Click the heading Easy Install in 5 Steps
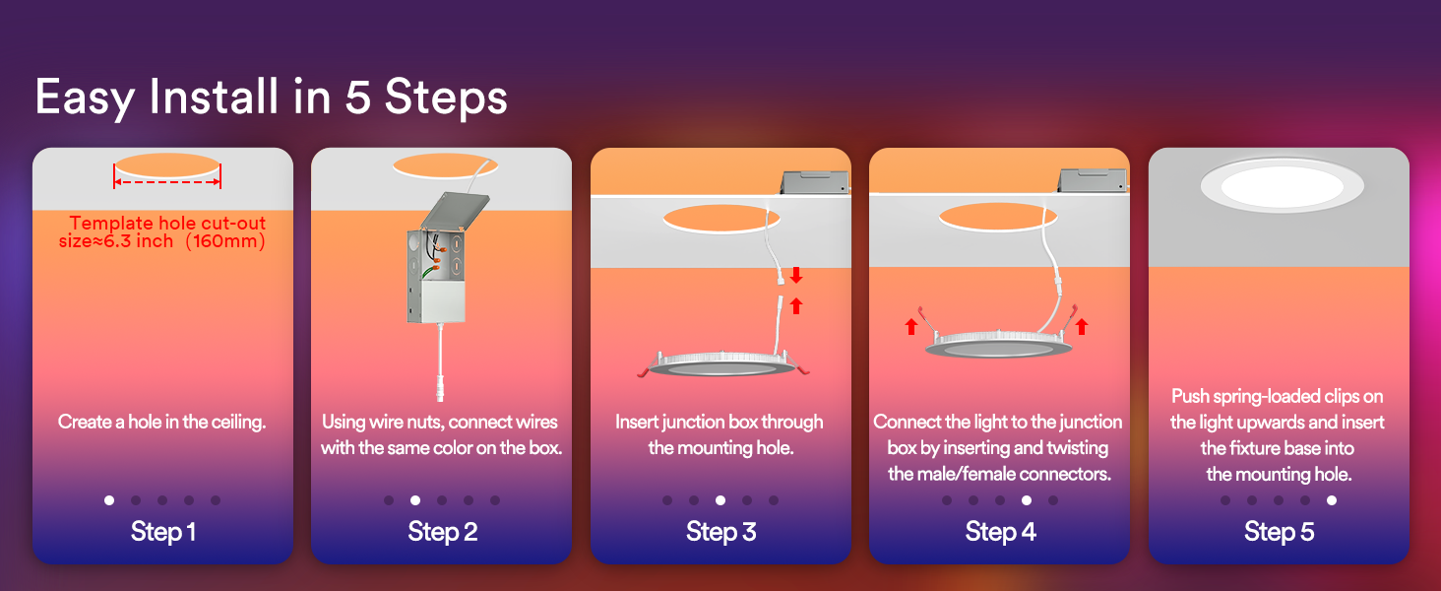[x=271, y=98]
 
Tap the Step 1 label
[x=162, y=532]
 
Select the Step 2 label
[x=442, y=532]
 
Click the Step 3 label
[x=720, y=532]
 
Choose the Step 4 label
[x=1000, y=532]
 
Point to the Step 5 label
[x=1279, y=532]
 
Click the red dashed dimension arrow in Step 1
[x=167, y=182]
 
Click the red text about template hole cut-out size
[x=167, y=232]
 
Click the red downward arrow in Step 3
[x=796, y=275]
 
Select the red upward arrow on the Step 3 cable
[x=796, y=305]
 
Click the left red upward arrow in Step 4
[x=911, y=326]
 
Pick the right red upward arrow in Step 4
[x=1082, y=326]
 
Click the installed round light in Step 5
[x=1281, y=184]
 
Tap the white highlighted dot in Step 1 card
[x=109, y=500]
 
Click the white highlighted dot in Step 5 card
[x=1332, y=500]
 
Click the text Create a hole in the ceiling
[x=162, y=423]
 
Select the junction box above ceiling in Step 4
[x=1092, y=180]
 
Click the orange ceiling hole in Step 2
[x=442, y=164]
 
